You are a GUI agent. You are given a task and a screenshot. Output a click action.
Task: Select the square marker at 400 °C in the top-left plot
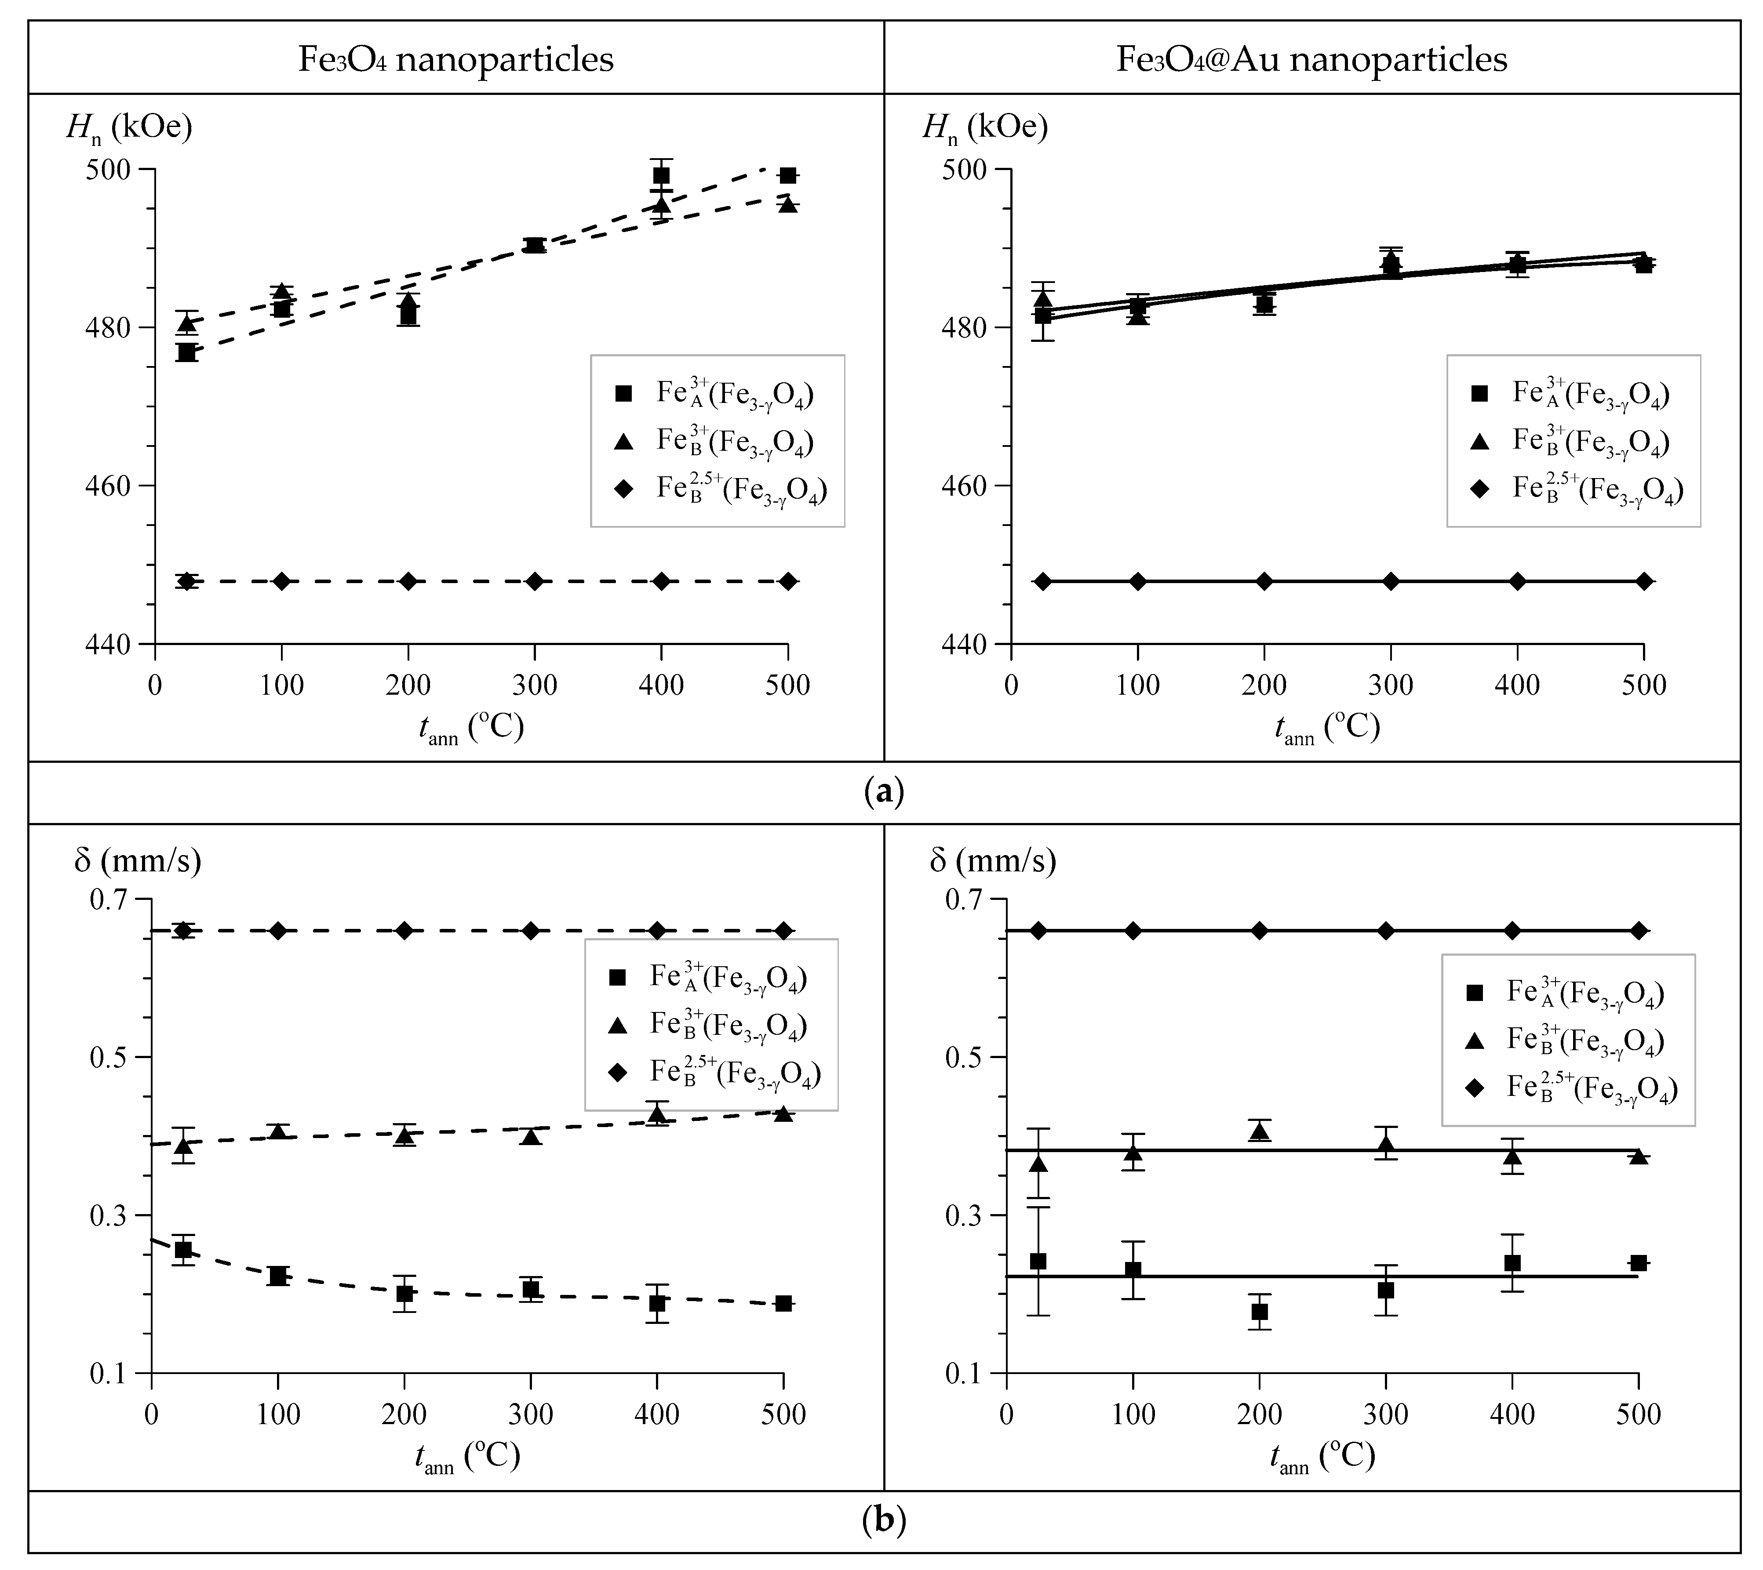click(x=661, y=176)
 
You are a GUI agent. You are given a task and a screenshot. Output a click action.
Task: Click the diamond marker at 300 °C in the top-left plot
click(x=535, y=581)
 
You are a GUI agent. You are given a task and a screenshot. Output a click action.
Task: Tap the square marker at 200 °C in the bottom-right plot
click(x=1259, y=1312)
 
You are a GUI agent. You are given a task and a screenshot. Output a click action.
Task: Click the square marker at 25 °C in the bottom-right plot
click(x=1038, y=1261)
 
